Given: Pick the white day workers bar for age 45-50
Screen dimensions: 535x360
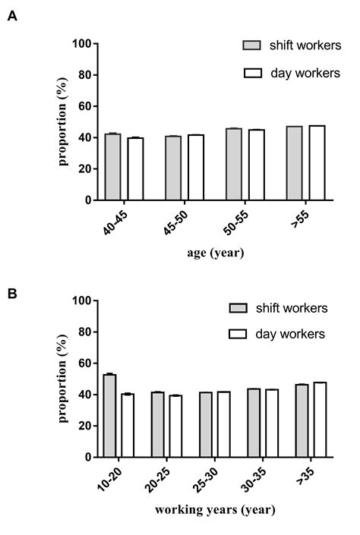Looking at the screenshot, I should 195,168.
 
